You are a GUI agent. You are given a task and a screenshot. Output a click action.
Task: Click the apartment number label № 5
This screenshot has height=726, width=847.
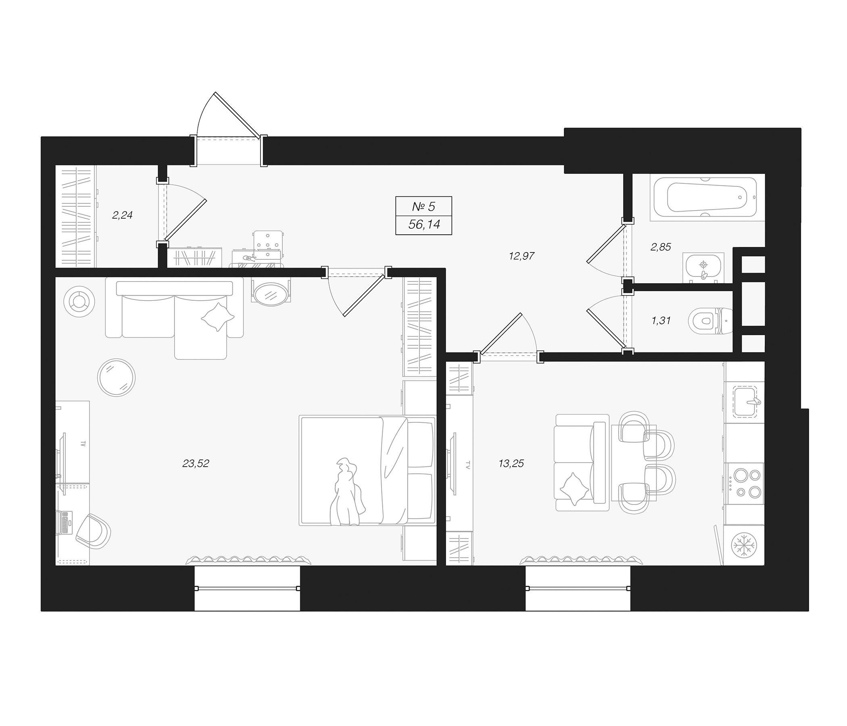[x=423, y=207]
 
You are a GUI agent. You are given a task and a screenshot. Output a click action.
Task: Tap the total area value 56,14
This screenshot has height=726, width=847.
[x=424, y=224]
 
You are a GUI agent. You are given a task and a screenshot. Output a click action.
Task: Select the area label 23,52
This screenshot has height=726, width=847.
[x=196, y=463]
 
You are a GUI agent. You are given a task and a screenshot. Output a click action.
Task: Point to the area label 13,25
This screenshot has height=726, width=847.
[x=511, y=463]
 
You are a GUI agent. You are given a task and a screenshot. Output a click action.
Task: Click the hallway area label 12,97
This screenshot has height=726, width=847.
[x=522, y=256]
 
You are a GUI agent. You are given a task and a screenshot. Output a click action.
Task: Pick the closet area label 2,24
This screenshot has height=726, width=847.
[x=122, y=215]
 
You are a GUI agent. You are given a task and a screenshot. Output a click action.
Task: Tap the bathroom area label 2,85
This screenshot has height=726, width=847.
[x=661, y=247]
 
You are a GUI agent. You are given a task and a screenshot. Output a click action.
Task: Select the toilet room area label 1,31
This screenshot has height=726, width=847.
[x=661, y=321]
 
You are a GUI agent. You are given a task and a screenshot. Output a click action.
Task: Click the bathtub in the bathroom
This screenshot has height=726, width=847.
[x=706, y=198]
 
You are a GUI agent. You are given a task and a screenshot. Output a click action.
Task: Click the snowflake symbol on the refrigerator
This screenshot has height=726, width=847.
[x=744, y=545]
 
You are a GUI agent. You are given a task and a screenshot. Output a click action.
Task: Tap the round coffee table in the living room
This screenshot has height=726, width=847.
[x=116, y=377]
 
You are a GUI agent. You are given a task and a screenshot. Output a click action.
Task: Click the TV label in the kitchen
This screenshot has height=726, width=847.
[x=467, y=465]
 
